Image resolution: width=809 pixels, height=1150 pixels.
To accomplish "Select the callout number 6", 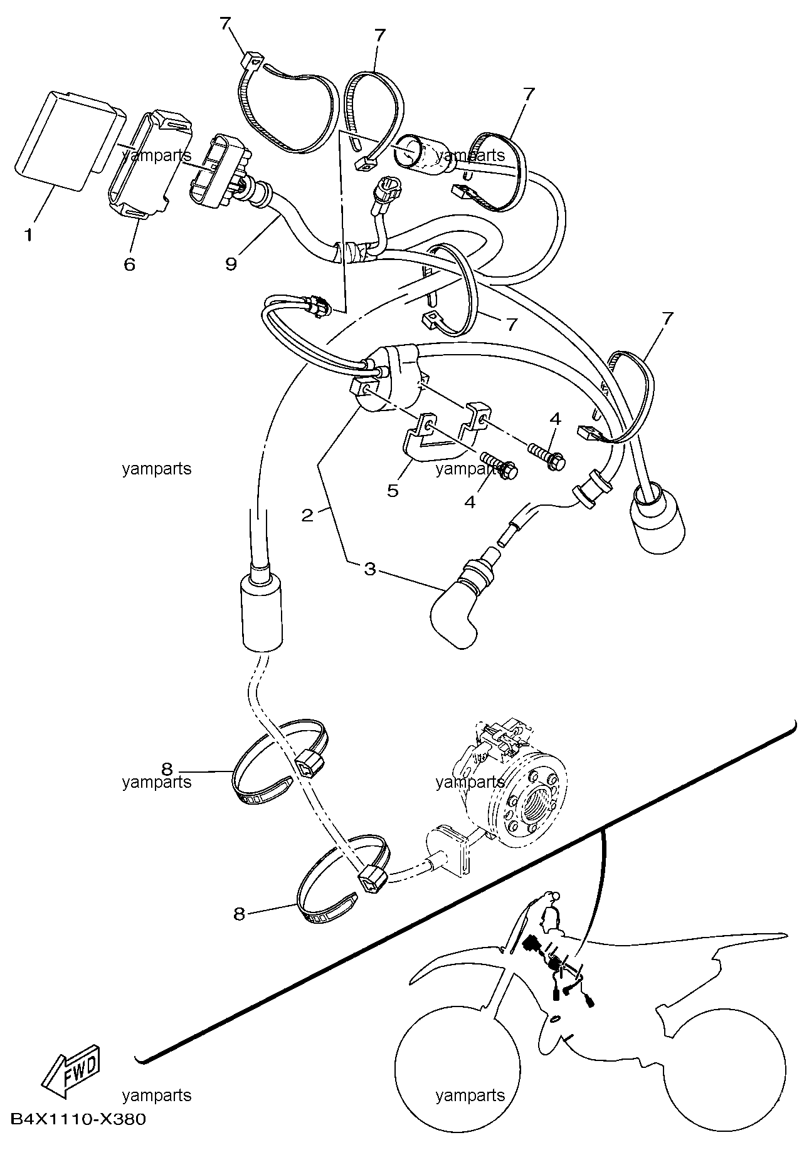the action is [129, 264].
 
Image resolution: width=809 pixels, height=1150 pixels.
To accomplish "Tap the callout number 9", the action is [231, 264].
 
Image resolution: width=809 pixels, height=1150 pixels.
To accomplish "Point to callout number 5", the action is [393, 490].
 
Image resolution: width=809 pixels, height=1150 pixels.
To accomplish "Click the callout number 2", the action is [307, 516].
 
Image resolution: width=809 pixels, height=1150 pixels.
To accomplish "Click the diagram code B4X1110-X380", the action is [78, 1119].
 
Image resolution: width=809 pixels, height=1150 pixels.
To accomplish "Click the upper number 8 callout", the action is [166, 768].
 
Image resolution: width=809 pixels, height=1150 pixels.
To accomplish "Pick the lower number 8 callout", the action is [239, 914].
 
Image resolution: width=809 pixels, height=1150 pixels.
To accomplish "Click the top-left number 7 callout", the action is [225, 24].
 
